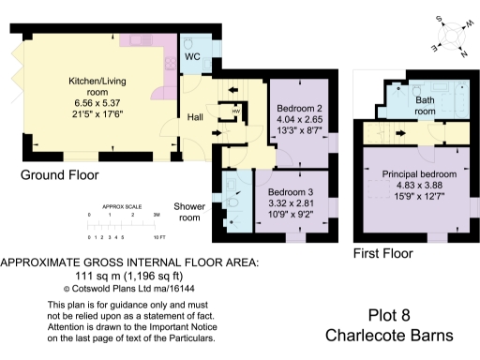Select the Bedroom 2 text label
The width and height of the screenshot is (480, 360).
tap(299, 108)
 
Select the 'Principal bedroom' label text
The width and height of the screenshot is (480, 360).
tap(419, 175)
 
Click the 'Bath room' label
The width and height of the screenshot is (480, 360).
tap(426, 105)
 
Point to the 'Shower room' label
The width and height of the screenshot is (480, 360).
tap(189, 212)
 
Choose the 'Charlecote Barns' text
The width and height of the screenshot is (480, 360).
tap(393, 336)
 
